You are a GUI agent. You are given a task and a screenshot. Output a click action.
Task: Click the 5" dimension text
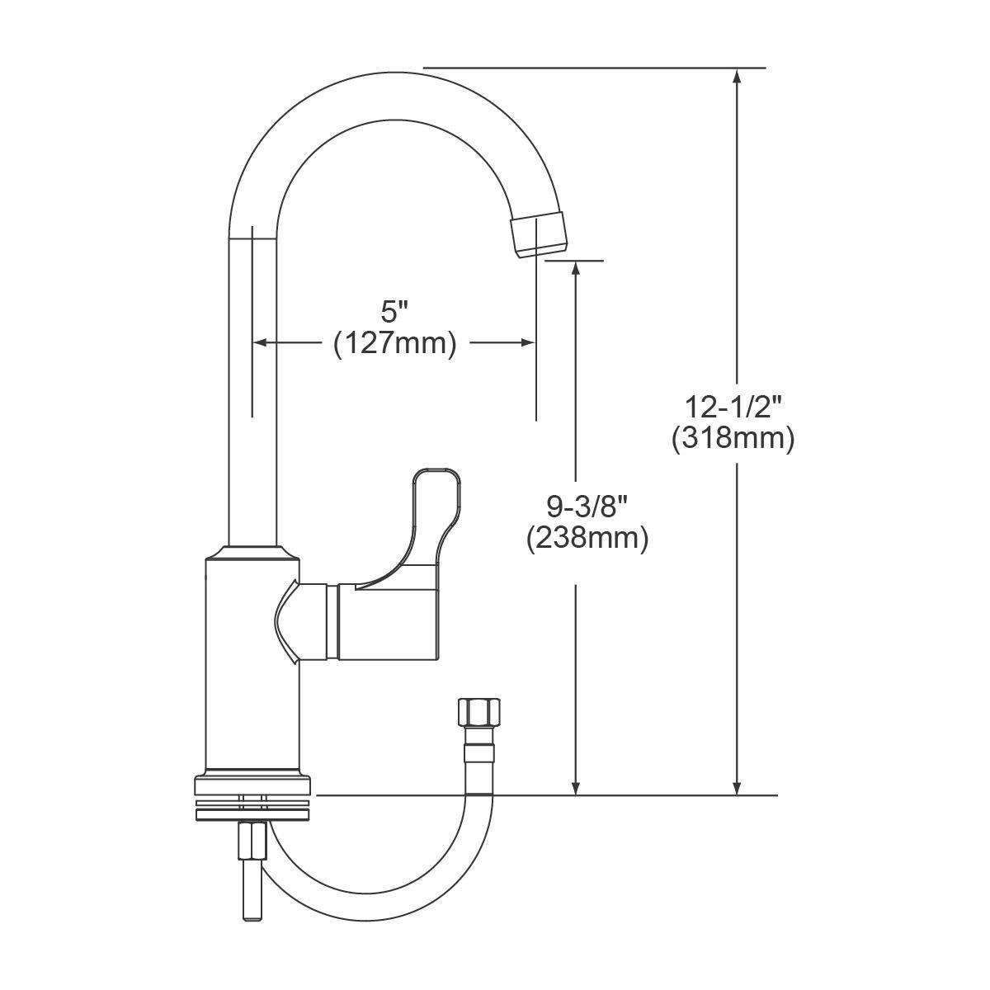point(395,312)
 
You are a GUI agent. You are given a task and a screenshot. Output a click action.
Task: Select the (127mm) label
point(395,343)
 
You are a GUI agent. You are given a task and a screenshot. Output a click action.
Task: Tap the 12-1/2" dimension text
point(733,408)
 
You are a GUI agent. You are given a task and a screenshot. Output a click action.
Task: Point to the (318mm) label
point(733,438)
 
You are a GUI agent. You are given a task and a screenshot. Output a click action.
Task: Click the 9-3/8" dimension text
point(587,506)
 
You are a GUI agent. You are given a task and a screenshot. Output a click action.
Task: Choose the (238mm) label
point(587,538)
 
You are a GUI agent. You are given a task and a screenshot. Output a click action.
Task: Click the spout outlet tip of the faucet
point(540,234)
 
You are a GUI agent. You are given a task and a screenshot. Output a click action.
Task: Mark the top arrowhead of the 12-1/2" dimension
point(738,76)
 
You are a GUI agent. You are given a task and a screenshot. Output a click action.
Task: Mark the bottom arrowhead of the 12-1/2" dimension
point(738,787)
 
